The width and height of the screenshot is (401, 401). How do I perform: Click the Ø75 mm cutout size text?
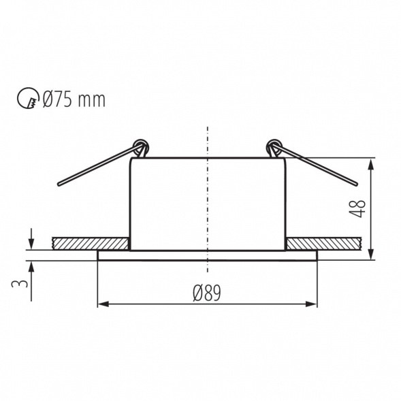click(x=74, y=100)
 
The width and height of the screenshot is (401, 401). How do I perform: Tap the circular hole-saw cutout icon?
click(x=27, y=100)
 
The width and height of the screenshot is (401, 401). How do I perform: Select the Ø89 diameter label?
click(x=207, y=293)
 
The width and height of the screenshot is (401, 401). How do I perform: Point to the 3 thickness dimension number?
click(x=23, y=280)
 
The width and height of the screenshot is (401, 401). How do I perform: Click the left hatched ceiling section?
click(x=91, y=243)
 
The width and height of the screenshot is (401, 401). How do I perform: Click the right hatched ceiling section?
click(x=323, y=243)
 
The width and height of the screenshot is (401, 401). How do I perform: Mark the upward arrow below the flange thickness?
click(x=31, y=267)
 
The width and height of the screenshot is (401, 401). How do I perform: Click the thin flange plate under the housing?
click(x=207, y=255)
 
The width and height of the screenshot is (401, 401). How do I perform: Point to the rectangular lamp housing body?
click(x=207, y=204)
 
